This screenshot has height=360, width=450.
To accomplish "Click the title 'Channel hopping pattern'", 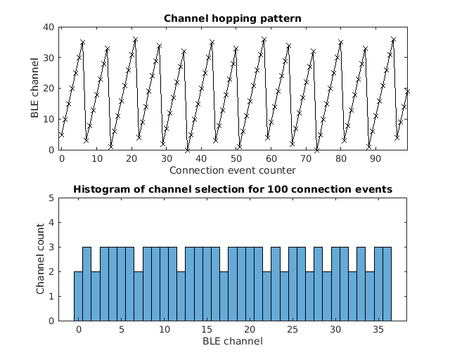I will point(232,18).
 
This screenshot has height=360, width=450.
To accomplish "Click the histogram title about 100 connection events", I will point(232,189).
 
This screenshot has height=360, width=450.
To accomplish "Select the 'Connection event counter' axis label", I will point(232,170).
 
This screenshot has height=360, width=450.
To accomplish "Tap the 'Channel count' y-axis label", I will point(41,259).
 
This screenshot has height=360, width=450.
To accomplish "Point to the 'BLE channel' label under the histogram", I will point(232,342).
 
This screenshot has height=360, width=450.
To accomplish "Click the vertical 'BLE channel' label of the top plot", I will point(35,88).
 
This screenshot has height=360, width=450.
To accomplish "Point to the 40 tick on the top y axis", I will point(49,27).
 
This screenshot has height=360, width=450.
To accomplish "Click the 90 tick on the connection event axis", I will point(375,160).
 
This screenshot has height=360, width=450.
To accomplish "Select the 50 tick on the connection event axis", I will point(236,160).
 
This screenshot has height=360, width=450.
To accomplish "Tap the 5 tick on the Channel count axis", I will point(51,198).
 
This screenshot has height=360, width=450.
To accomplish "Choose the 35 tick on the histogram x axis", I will point(378,330).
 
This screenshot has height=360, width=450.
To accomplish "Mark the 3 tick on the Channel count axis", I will point(51,247).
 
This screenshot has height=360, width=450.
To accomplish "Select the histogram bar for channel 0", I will point(78,296).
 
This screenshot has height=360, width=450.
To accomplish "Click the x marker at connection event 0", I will point(61,134).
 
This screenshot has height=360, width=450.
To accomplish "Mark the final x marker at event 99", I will point(406,91).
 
